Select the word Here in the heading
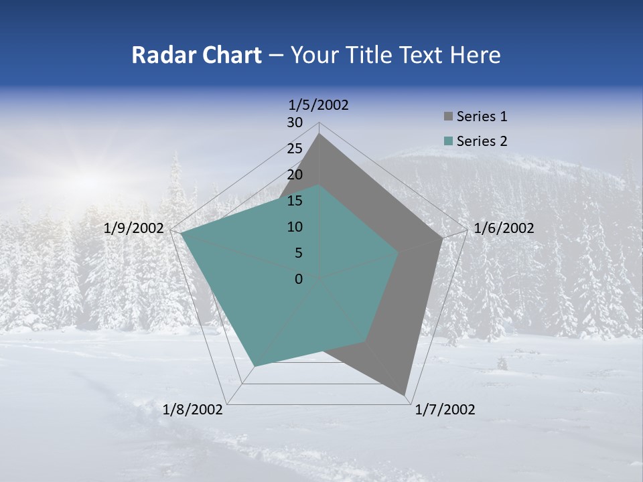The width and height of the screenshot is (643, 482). click(475, 56)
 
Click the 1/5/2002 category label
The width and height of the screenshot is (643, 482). click(319, 104)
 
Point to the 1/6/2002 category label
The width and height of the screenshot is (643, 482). click(504, 228)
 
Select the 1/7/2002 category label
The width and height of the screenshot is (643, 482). click(445, 410)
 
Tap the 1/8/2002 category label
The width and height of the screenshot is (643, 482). click(193, 410)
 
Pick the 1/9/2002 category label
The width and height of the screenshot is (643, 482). click(134, 228)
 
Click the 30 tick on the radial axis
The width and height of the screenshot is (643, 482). click(295, 123)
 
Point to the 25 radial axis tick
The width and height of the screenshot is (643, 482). click(295, 149)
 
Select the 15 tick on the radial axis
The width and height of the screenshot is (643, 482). click(295, 201)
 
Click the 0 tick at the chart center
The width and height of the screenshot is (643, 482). click(299, 279)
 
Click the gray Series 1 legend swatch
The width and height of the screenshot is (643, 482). click(448, 117)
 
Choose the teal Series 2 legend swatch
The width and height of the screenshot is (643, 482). click(448, 141)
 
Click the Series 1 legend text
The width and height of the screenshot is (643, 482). click(482, 116)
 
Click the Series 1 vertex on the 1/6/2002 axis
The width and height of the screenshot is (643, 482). click(442, 238)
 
